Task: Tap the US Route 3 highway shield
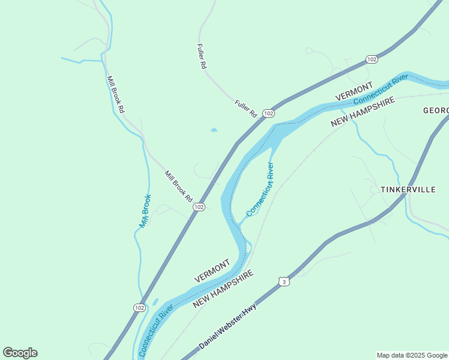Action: [x=283, y=281]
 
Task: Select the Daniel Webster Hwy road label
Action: [x=228, y=327]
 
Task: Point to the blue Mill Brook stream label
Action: [x=145, y=211]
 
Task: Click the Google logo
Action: [x=20, y=353]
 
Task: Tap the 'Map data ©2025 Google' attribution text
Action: [x=412, y=355]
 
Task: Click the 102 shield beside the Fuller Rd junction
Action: [x=268, y=113]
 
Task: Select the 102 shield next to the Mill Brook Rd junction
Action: [x=199, y=206]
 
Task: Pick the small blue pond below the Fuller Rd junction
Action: [x=214, y=130]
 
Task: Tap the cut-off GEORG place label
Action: [x=436, y=110]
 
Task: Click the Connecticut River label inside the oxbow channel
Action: [x=260, y=190]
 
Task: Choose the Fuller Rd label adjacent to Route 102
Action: [x=246, y=109]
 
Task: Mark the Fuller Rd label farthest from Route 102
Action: [x=202, y=57]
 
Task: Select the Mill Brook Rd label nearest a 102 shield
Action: [x=178, y=186]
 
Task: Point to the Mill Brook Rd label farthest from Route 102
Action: [x=115, y=94]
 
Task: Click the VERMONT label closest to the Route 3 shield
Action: [x=212, y=271]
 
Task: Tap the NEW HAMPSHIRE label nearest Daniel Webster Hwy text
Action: [x=223, y=289]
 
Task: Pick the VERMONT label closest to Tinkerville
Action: [x=354, y=91]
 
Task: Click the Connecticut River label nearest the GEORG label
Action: [x=381, y=89]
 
